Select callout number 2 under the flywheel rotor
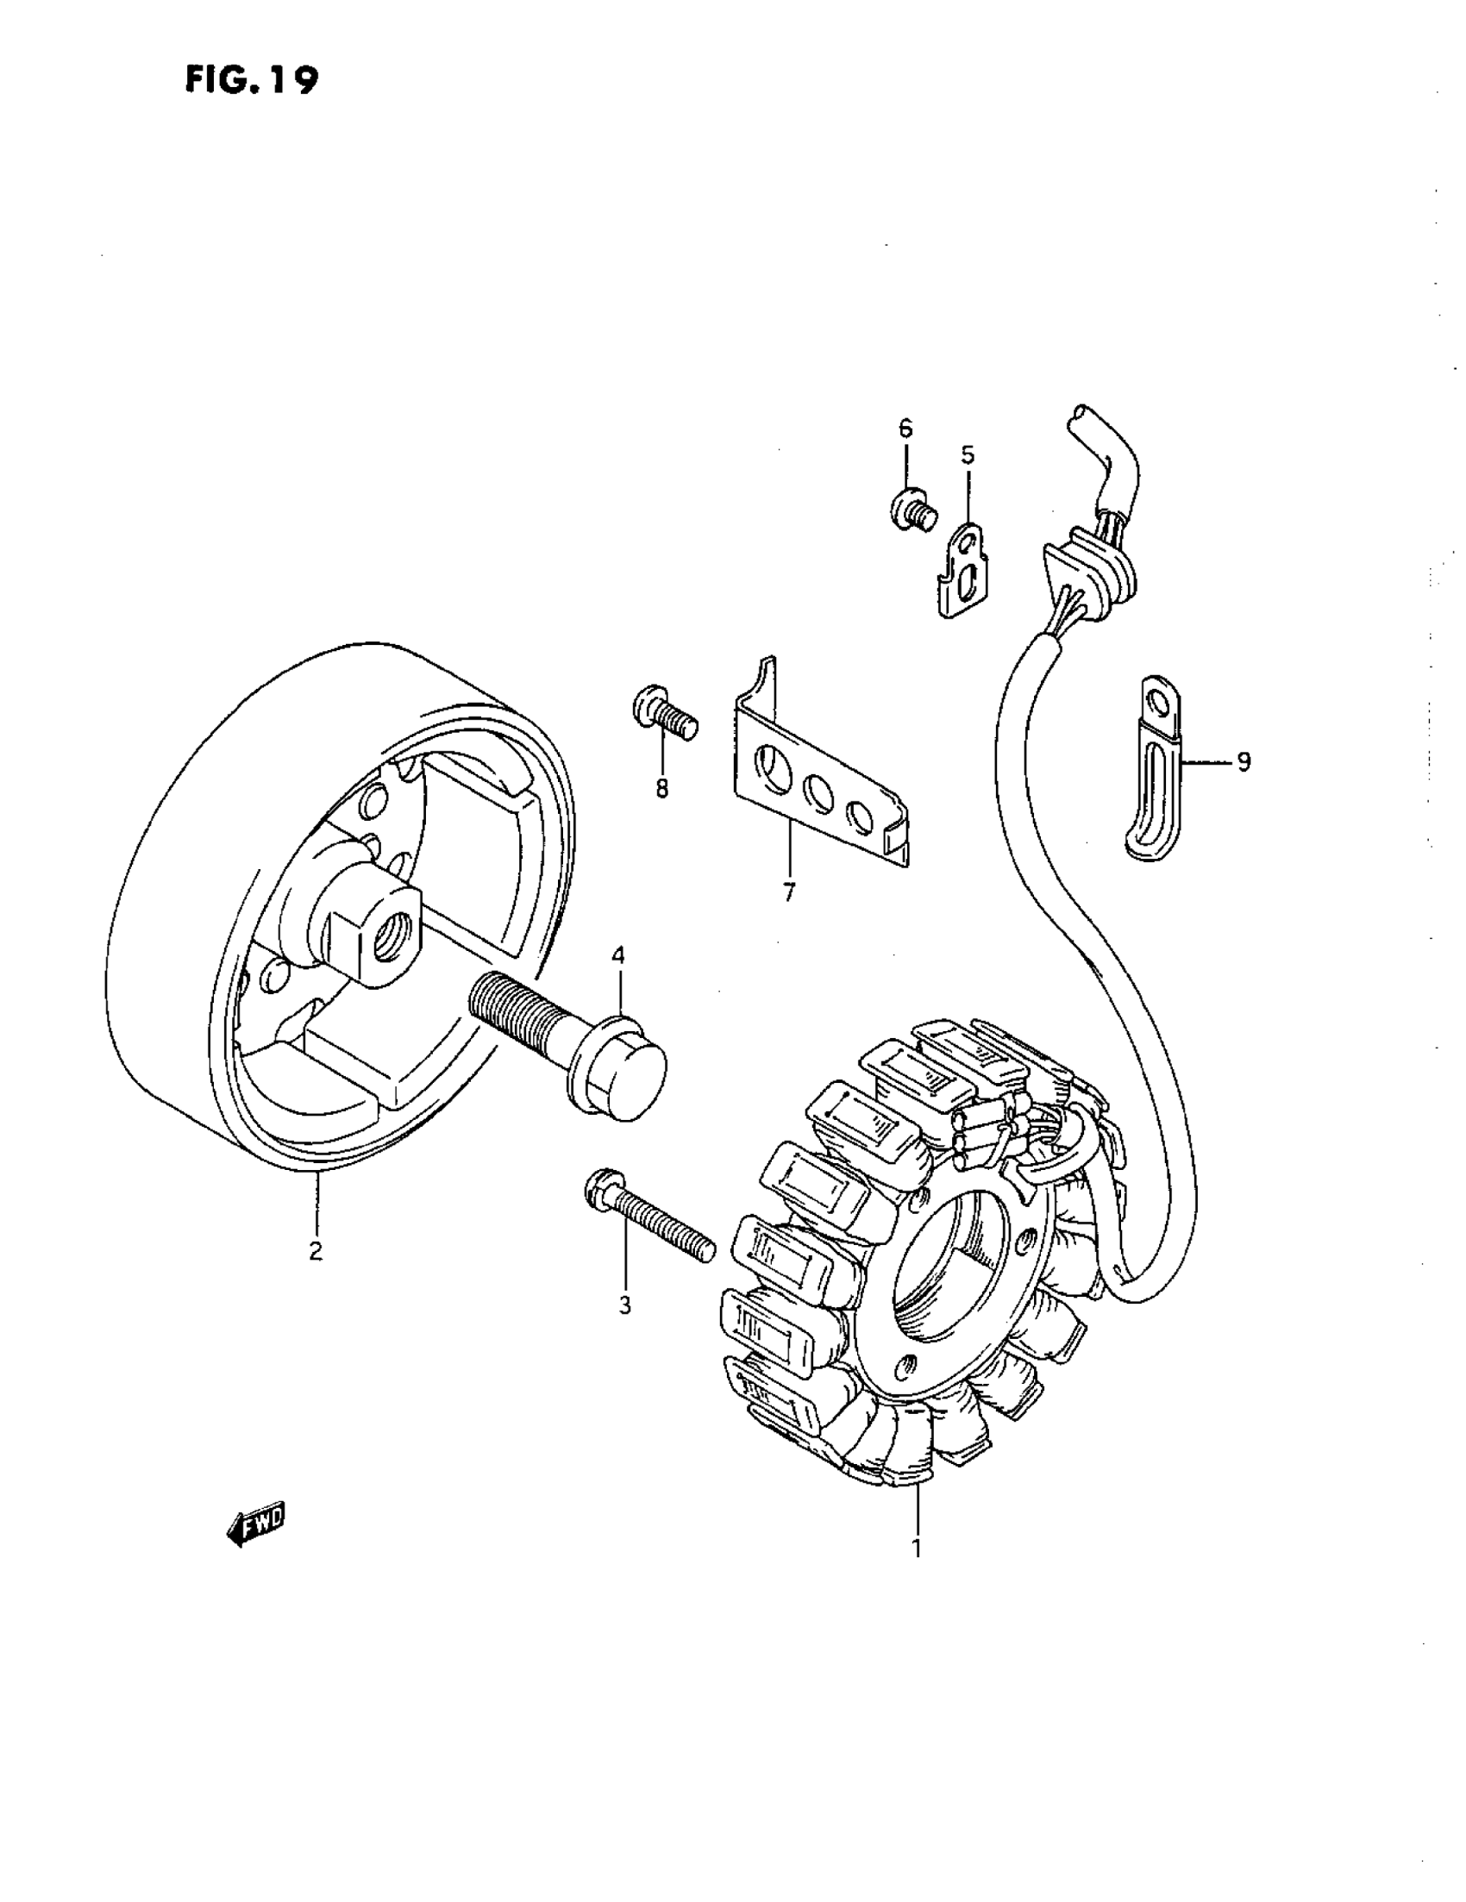point(316,1250)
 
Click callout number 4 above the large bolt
point(617,955)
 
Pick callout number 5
point(968,454)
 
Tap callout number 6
point(906,428)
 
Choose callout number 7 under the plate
point(789,892)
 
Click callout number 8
point(662,789)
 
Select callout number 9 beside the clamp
point(1243,762)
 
